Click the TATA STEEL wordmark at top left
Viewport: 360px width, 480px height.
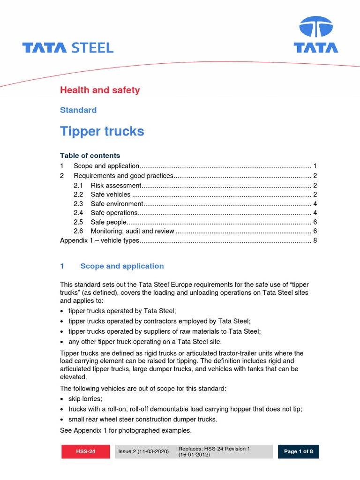68,47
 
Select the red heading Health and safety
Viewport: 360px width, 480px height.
100,90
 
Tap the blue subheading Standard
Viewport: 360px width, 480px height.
78,110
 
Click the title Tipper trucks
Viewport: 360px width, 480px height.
102,132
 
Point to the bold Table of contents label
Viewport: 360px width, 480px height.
90,156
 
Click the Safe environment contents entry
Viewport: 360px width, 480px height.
117,203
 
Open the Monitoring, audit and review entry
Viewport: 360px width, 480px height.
133,231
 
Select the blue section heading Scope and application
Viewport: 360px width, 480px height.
122,266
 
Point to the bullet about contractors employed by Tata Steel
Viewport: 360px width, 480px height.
159,321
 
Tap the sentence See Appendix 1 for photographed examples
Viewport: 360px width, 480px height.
126,430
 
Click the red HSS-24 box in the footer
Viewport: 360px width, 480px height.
86,452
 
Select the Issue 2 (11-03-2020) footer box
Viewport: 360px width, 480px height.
143,452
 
